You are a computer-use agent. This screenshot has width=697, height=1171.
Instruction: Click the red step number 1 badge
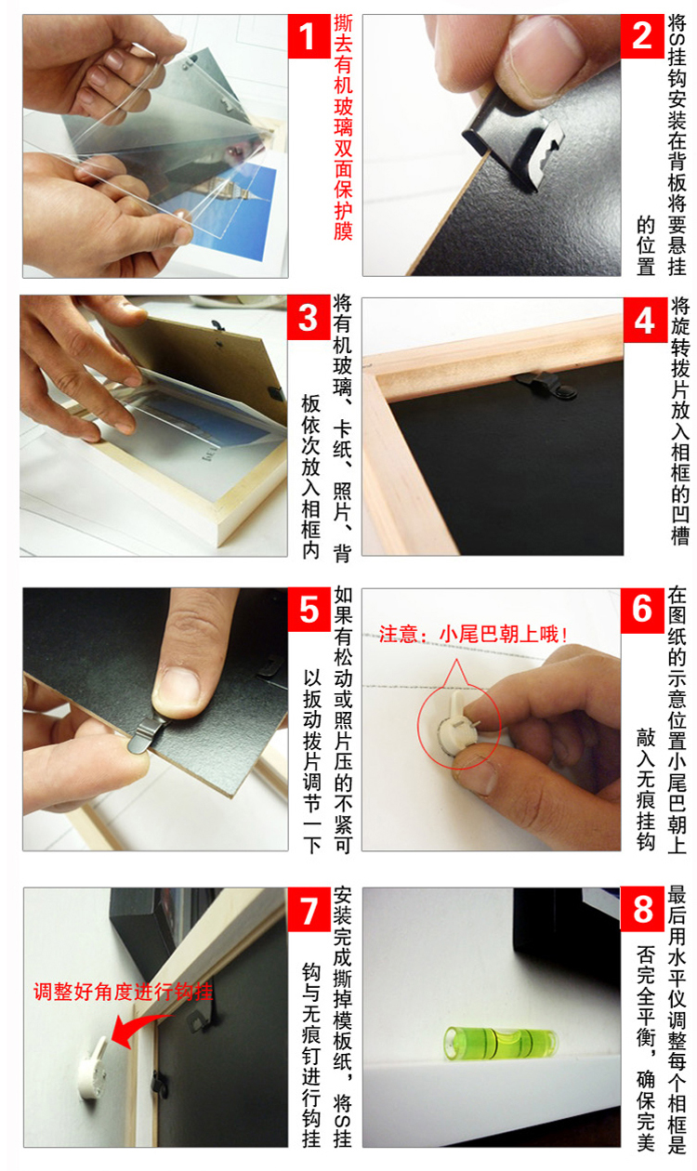click(309, 36)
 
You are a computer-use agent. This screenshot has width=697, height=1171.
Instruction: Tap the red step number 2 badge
click(642, 36)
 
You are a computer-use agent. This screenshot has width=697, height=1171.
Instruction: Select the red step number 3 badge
click(309, 318)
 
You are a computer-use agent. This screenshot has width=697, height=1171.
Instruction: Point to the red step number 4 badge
click(645, 321)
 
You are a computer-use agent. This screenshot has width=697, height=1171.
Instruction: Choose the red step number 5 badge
click(309, 610)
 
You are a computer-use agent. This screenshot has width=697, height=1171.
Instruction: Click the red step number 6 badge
click(642, 610)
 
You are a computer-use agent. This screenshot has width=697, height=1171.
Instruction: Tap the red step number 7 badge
click(309, 910)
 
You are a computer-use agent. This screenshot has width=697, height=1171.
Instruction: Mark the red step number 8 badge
click(642, 910)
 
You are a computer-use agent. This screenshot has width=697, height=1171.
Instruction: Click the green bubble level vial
click(500, 1041)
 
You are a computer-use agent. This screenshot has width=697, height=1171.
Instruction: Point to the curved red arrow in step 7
click(137, 1027)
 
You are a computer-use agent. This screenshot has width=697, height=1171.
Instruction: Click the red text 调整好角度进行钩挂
click(124, 992)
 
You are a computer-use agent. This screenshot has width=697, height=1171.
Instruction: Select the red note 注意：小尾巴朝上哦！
click(473, 634)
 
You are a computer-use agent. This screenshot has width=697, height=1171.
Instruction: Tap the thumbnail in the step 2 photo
click(544, 48)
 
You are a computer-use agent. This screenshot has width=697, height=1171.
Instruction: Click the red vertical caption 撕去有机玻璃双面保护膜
click(343, 128)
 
